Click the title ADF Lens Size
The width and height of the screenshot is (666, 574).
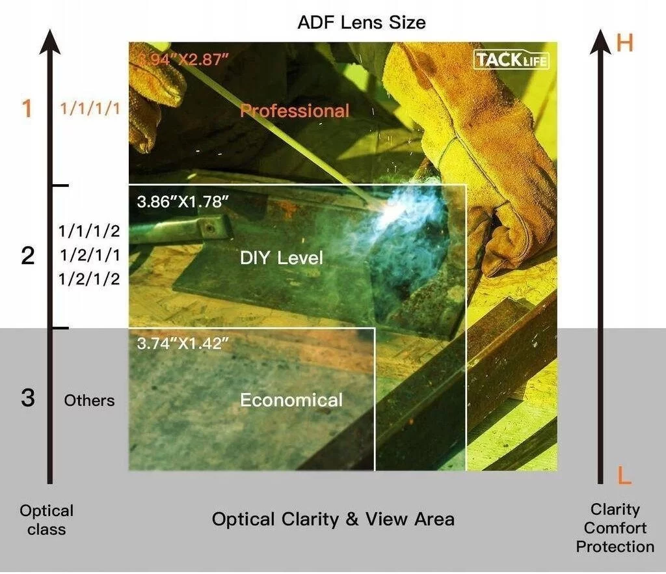click(362, 22)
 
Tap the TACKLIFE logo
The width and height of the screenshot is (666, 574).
click(511, 60)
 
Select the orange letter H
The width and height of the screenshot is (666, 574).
click(624, 43)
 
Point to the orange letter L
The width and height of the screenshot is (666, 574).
click(624, 476)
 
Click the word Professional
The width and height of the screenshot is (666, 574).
click(295, 111)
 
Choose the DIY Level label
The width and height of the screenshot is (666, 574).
click(281, 258)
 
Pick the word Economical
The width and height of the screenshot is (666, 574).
click(291, 400)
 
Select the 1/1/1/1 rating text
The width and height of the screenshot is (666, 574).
click(90, 109)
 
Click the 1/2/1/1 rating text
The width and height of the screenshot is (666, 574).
click(90, 255)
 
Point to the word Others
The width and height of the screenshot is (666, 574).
click(89, 400)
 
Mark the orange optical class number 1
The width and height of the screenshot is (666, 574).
click(27, 108)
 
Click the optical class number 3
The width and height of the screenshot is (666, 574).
click(28, 398)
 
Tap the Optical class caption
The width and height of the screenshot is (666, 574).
click(47, 519)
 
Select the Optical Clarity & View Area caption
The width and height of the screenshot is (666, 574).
click(333, 519)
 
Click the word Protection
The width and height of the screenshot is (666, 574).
click(615, 547)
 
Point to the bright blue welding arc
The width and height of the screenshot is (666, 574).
click(408, 208)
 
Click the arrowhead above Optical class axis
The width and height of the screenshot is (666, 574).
click(49, 42)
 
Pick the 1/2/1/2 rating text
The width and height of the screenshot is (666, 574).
click(89, 279)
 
